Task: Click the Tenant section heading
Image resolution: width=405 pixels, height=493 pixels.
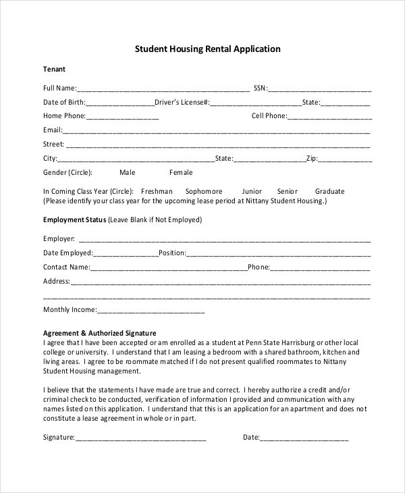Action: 55,70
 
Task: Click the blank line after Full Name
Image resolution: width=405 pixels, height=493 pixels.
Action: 163,88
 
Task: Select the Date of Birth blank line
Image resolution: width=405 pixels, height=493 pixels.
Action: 120,103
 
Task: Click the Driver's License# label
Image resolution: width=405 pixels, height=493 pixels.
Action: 182,103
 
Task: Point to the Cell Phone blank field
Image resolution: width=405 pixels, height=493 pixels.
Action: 329,117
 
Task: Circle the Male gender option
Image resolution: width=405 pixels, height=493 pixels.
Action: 128,173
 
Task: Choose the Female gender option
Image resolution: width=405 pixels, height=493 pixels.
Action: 181,173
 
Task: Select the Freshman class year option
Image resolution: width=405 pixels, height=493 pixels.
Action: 157,191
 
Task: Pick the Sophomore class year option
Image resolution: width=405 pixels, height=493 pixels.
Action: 204,191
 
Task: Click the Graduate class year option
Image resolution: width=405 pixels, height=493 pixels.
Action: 329,191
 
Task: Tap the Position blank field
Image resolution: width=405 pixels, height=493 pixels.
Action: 278,254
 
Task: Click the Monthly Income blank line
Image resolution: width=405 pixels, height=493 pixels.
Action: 151,311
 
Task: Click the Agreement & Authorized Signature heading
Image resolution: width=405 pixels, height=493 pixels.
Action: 100,333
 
